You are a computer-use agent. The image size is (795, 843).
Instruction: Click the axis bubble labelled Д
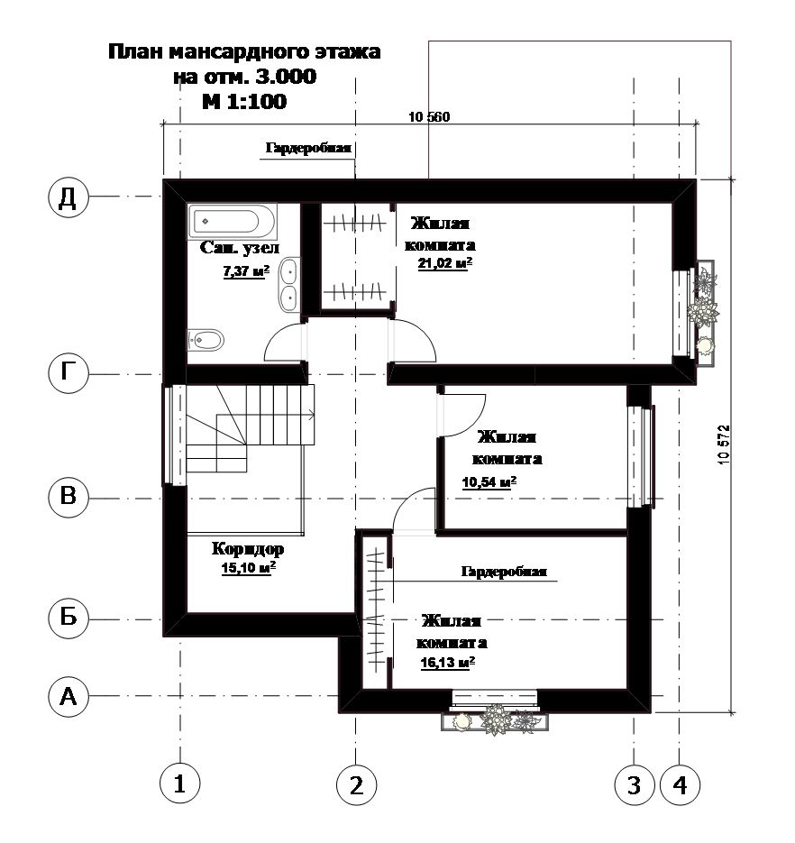68,197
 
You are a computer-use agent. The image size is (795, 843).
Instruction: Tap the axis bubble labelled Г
68,372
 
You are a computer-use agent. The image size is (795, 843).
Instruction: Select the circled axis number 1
180,783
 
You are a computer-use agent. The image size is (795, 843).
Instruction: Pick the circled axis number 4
680,784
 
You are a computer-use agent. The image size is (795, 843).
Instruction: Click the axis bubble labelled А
68,697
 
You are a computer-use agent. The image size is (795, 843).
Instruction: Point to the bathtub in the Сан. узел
233,221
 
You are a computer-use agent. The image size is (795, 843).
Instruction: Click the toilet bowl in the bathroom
206,340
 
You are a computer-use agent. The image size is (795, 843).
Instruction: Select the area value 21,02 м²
445,263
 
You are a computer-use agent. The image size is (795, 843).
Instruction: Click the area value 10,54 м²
489,482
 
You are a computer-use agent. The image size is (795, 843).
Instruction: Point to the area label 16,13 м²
448,663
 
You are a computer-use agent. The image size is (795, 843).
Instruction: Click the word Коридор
248,548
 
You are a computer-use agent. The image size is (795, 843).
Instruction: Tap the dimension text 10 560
429,116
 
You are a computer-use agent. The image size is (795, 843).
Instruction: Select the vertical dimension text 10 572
724,444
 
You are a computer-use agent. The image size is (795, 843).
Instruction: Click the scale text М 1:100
244,101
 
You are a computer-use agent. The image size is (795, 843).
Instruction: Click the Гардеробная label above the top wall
308,149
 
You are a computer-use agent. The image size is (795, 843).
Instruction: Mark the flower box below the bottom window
495,721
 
